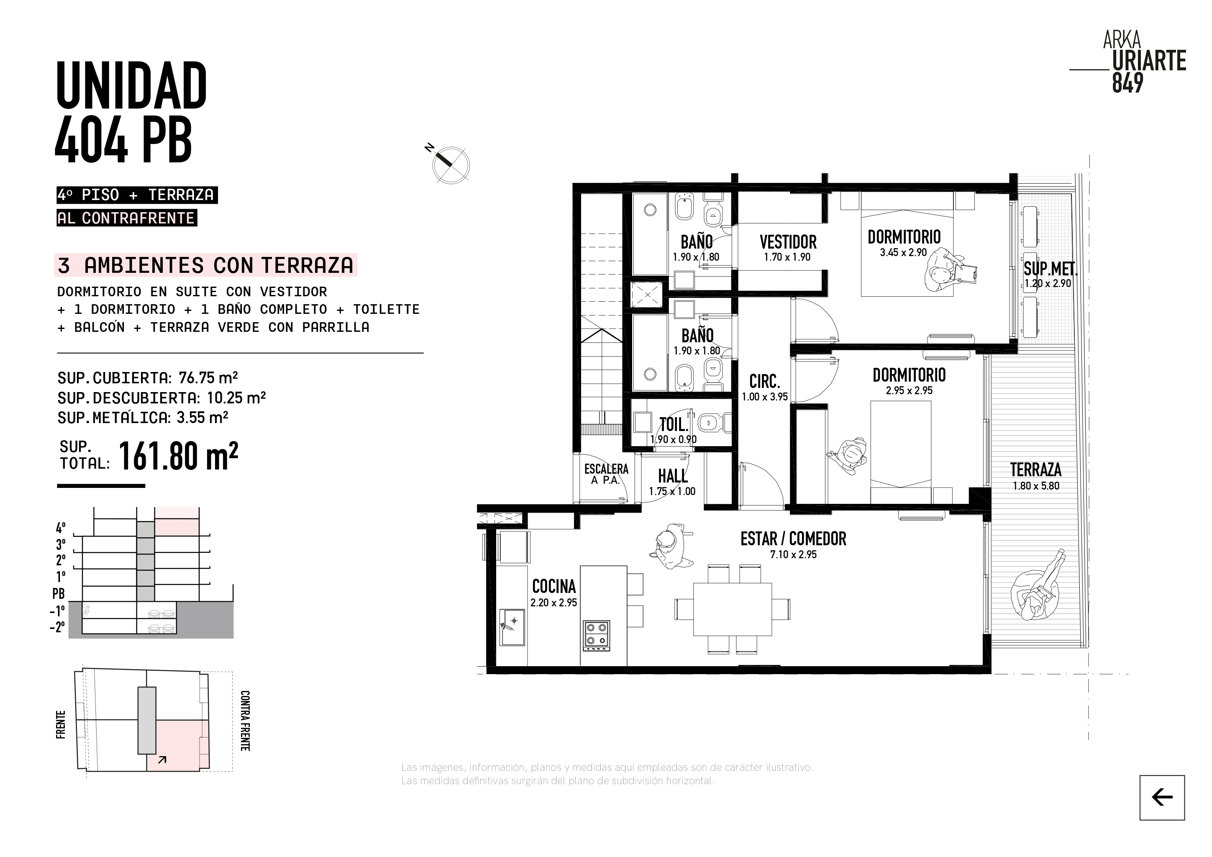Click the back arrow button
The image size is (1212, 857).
(1162, 797)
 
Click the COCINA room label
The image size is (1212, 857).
(554, 586)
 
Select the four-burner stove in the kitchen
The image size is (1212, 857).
(597, 635)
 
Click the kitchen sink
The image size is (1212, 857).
(512, 627)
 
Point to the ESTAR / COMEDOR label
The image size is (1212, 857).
(793, 539)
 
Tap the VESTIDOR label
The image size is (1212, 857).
(788, 242)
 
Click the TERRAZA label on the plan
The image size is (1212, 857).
(1036, 470)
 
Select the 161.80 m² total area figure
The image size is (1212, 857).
(178, 456)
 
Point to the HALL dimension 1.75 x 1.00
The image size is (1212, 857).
(672, 491)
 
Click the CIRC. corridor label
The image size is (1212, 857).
(764, 381)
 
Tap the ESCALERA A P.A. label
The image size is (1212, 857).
(606, 474)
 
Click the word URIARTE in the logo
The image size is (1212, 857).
(1149, 61)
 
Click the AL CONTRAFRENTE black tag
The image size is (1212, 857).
(127, 218)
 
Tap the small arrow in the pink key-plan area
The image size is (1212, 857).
(162, 760)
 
